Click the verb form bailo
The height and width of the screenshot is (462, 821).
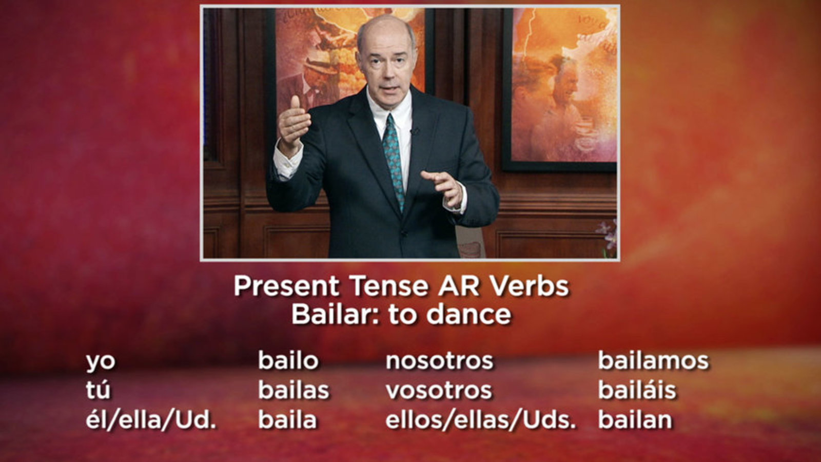pyautogui.click(x=288, y=360)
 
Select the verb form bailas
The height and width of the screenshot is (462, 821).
pyautogui.click(x=294, y=390)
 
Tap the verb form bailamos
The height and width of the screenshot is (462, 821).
pyautogui.click(x=654, y=360)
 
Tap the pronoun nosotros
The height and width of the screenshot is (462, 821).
pyautogui.click(x=439, y=361)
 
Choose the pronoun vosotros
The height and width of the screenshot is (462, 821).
pyautogui.click(x=439, y=391)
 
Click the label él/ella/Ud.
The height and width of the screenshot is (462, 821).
pyautogui.click(x=151, y=419)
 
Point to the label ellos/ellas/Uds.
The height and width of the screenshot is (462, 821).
pyautogui.click(x=480, y=419)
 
